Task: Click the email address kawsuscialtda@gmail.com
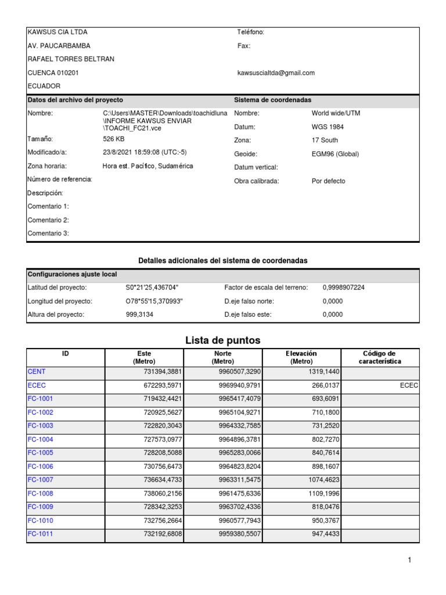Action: pyautogui.click(x=276, y=73)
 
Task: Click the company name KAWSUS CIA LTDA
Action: pyautogui.click(x=57, y=33)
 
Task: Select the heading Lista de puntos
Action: pyautogui.click(x=222, y=340)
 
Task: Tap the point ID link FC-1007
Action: pyautogui.click(x=40, y=480)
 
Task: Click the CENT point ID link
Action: pyautogui.click(x=37, y=371)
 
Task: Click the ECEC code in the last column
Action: pyautogui.click(x=409, y=385)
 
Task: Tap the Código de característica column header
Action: pyautogui.click(x=380, y=357)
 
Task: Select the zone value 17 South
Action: pyautogui.click(x=325, y=140)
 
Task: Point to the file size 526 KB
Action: pyautogui.click(x=114, y=139)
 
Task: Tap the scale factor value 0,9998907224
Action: pyautogui.click(x=344, y=288)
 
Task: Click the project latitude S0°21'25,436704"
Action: pyautogui.click(x=152, y=288)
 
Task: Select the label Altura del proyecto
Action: pyautogui.click(x=56, y=314)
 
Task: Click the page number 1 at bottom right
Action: pyautogui.click(x=409, y=560)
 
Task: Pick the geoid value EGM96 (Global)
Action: pyautogui.click(x=335, y=154)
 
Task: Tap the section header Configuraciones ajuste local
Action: pyautogui.click(x=72, y=274)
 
